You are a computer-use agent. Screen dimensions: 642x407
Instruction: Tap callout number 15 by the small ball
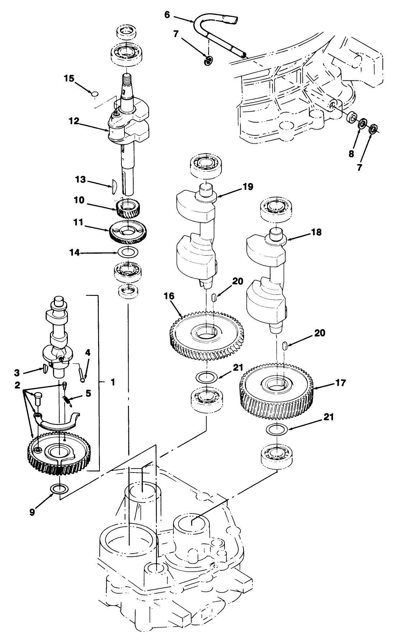(69, 78)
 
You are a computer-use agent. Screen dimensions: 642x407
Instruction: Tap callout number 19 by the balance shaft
(248, 187)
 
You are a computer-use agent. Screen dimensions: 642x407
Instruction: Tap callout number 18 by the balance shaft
(316, 232)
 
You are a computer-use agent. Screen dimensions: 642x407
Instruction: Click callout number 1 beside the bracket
(112, 382)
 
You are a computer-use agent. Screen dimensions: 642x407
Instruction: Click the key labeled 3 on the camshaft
(45, 368)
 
